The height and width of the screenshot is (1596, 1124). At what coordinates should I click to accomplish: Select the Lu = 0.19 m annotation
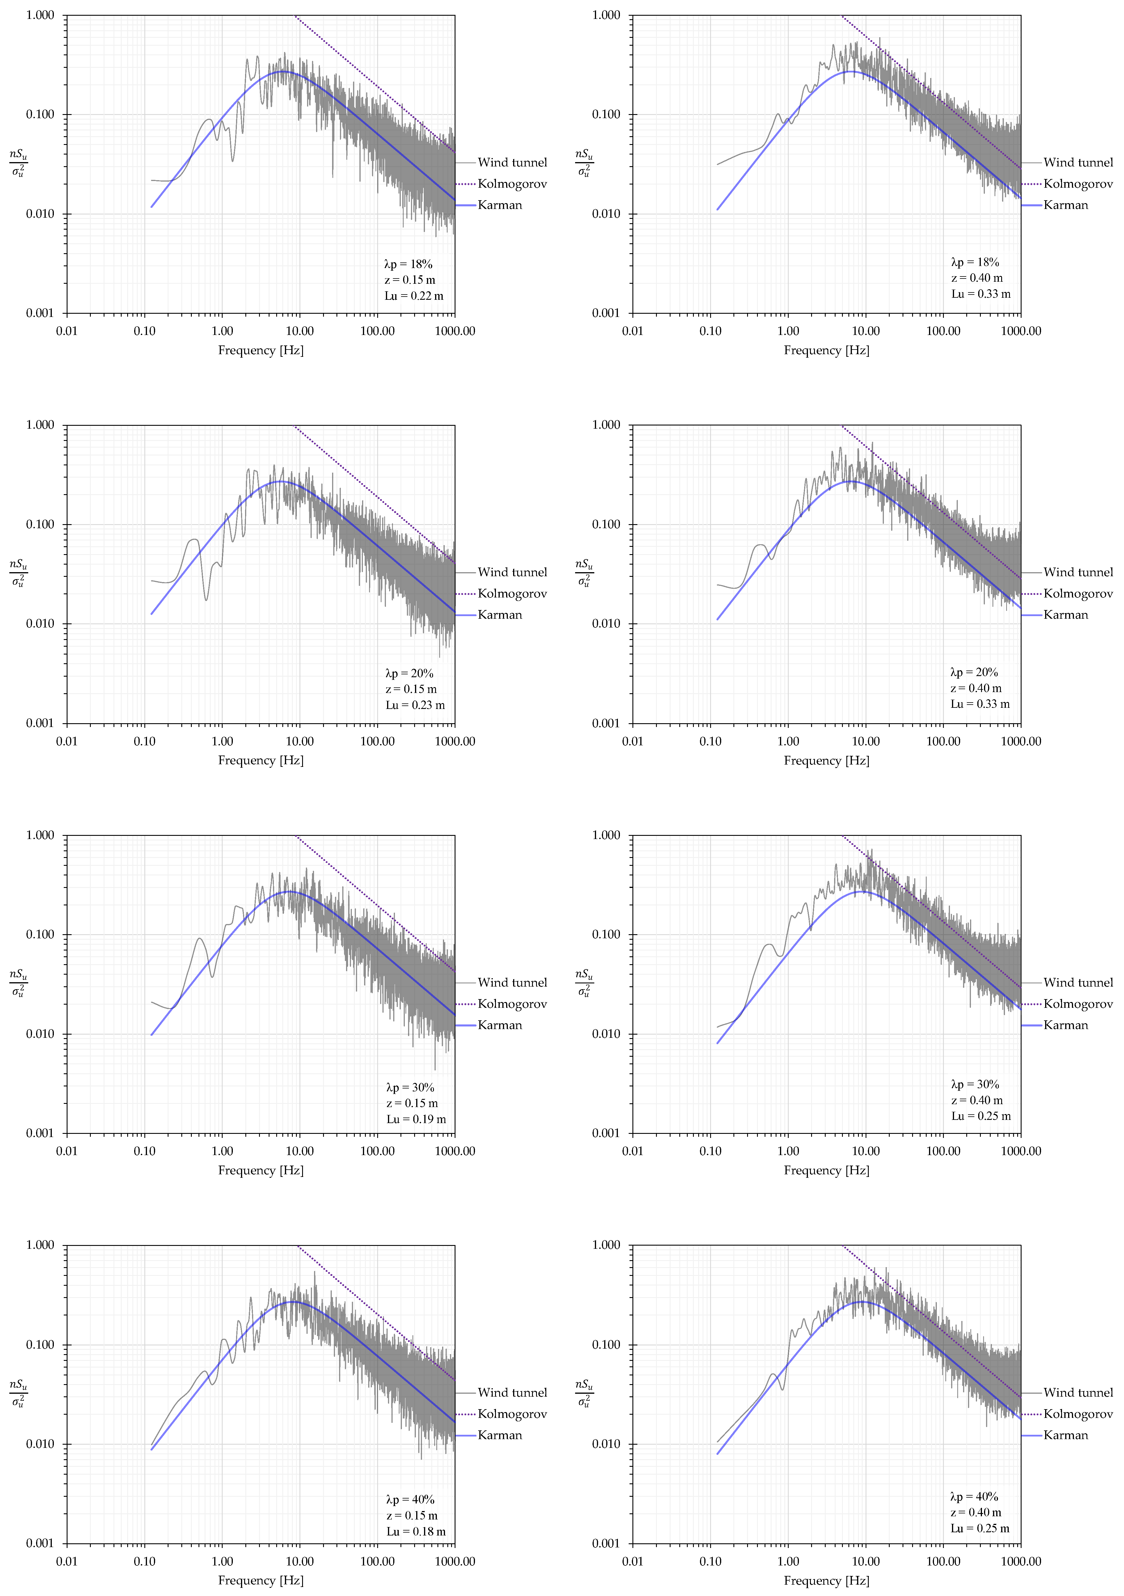coord(416,1119)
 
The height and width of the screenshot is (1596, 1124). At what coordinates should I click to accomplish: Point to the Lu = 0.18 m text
coord(416,1531)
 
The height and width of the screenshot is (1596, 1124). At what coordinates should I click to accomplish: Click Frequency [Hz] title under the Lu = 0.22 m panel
coord(261,350)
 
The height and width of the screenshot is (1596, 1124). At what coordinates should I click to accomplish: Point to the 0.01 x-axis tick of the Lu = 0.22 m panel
coord(67,331)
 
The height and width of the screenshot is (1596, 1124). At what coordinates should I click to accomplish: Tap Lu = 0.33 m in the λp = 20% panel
coord(980,704)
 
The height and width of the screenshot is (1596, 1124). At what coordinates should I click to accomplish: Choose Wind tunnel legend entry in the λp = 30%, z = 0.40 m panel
coord(1077,982)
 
